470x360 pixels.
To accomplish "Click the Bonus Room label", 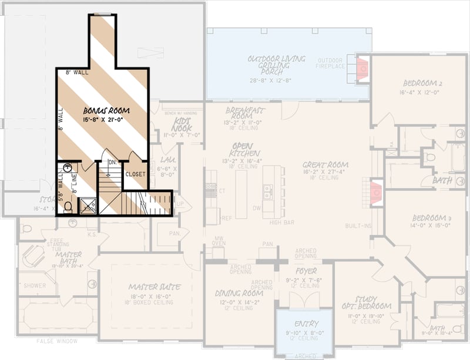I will (x=106, y=110).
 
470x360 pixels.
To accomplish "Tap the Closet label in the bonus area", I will (x=135, y=174).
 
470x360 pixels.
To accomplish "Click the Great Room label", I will (x=325, y=165).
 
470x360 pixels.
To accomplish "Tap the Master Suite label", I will (x=155, y=287).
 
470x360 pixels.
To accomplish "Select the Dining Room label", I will (x=238, y=293).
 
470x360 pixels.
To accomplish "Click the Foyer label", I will (x=306, y=271).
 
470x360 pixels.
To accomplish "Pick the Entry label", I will (x=306, y=324).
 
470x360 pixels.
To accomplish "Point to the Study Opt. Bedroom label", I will (x=367, y=302).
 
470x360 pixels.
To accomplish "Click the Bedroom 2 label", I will (x=422, y=83).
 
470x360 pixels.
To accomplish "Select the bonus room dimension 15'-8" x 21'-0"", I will (x=106, y=120).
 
